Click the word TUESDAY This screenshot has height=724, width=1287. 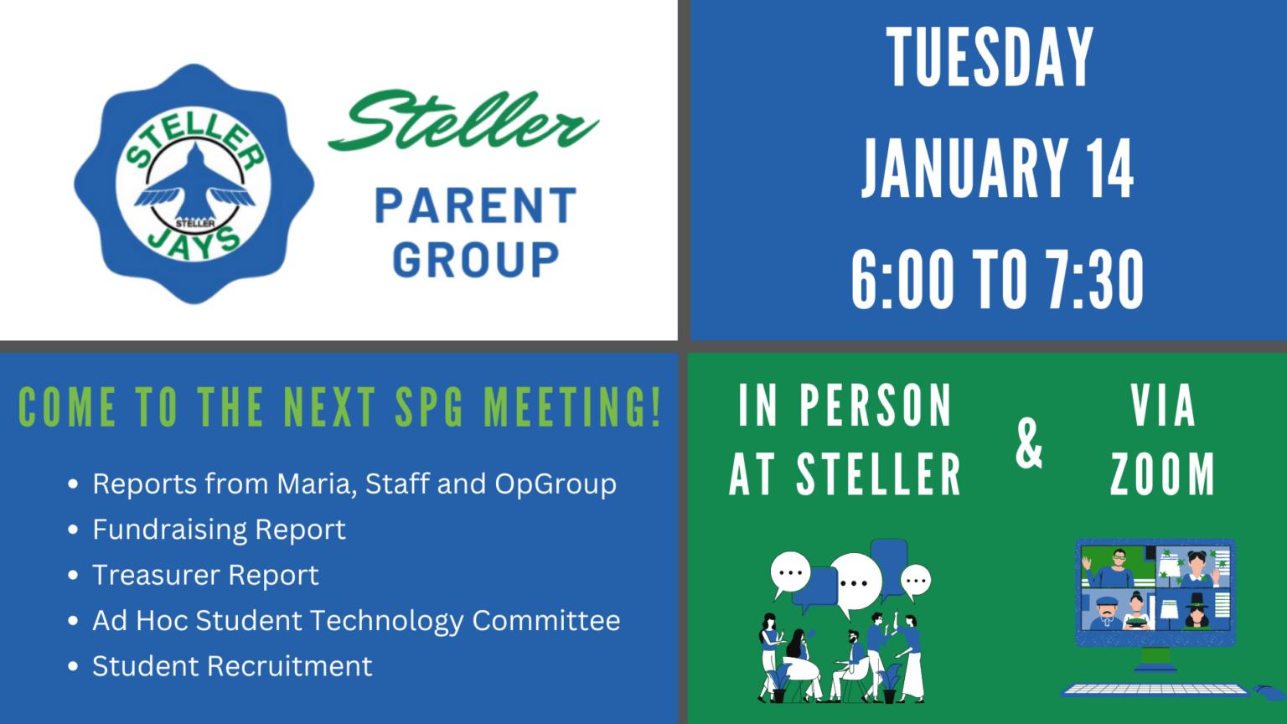coord(990,58)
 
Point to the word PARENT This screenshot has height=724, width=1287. coord(475,206)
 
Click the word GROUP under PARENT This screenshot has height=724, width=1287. coord(475,260)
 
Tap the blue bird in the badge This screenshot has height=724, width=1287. coord(194,182)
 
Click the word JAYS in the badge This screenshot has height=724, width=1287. coord(194,244)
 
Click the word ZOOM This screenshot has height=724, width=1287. coord(1162,474)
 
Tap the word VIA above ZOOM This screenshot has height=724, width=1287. coord(1162,406)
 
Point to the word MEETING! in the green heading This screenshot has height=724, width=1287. coord(573,408)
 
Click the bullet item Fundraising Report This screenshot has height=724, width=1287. coord(219,530)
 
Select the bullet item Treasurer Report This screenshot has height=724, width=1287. coord(205,575)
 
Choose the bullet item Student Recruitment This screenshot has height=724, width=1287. coord(232,666)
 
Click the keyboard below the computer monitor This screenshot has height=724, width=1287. coord(1155,690)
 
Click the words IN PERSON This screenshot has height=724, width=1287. coord(845,406)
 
